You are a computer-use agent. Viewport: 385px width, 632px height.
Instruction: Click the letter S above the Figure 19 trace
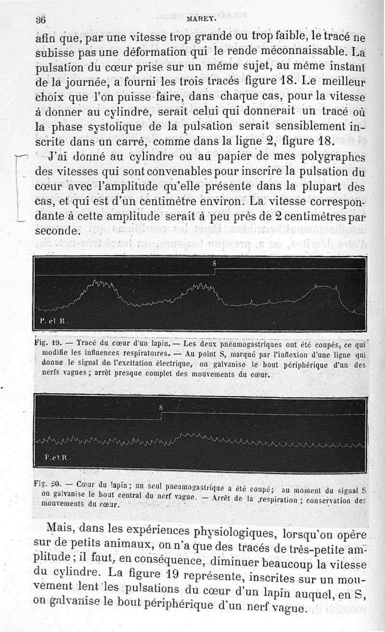[215, 263]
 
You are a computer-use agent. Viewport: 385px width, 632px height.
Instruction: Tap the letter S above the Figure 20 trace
[162, 407]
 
